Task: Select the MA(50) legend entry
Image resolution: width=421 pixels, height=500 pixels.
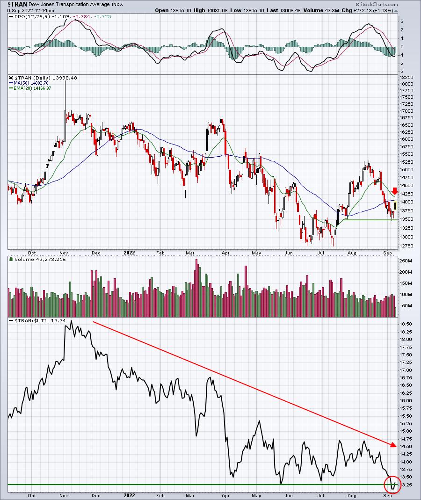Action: [31, 83]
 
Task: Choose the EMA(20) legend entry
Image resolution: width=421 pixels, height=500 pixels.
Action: [32, 88]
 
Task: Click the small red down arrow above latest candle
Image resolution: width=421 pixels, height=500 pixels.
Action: [395, 191]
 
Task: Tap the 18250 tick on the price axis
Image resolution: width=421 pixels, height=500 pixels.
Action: [406, 78]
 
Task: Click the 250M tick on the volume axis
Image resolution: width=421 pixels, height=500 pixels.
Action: [406, 261]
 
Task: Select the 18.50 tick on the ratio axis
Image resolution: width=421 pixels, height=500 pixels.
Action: [406, 324]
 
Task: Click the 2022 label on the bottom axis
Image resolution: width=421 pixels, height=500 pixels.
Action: [129, 495]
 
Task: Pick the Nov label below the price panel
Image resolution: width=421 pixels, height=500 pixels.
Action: [64, 253]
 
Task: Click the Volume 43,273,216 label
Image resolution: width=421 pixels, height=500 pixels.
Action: [40, 259]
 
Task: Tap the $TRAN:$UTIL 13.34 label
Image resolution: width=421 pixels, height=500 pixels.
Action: [40, 320]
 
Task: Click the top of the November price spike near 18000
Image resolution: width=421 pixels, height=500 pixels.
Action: [65, 81]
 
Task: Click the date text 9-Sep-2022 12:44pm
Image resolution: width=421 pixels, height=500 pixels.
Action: [30, 10]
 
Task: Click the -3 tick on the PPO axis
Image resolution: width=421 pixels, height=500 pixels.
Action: [402, 72]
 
